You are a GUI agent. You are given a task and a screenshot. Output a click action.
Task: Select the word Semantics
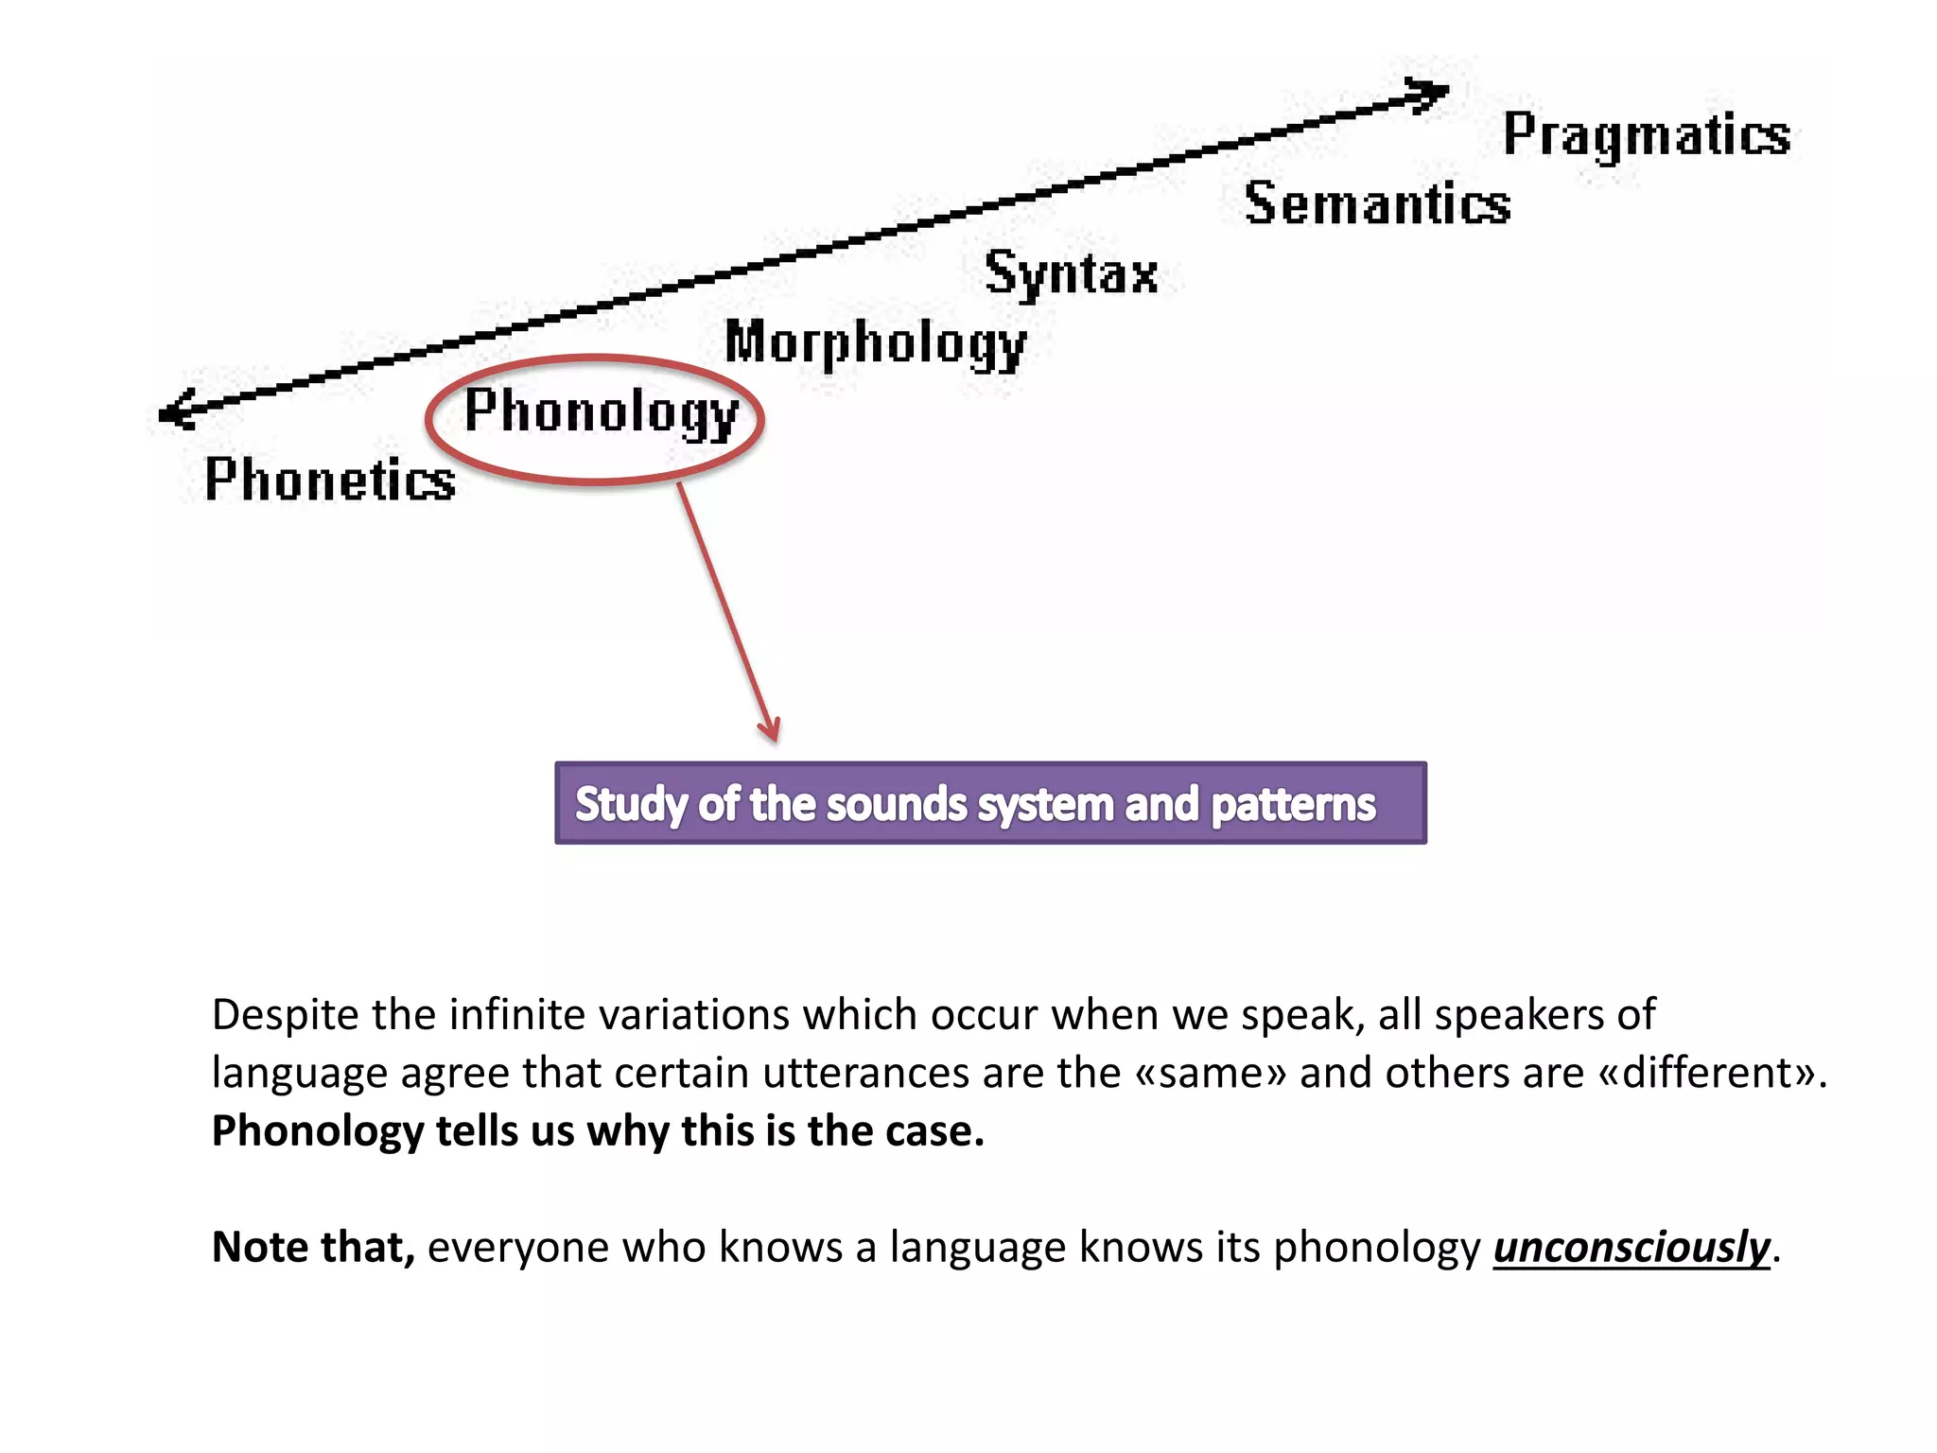[1377, 204]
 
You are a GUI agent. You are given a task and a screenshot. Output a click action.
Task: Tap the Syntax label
[1071, 274]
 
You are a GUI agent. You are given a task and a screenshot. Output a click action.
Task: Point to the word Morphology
[875, 343]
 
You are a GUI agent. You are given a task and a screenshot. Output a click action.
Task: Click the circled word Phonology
[601, 413]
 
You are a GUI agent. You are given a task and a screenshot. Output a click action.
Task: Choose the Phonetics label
[330, 480]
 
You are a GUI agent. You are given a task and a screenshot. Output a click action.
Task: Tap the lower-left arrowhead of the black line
[175, 411]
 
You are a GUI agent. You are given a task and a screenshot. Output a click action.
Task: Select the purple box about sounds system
[990, 803]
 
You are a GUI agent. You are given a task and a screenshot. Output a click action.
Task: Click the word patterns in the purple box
[1293, 805]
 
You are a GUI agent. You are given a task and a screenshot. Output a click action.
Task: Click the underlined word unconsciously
[1631, 1248]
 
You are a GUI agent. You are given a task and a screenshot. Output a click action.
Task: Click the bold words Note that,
[313, 1248]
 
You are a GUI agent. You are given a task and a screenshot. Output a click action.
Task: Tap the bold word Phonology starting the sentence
[317, 1132]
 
